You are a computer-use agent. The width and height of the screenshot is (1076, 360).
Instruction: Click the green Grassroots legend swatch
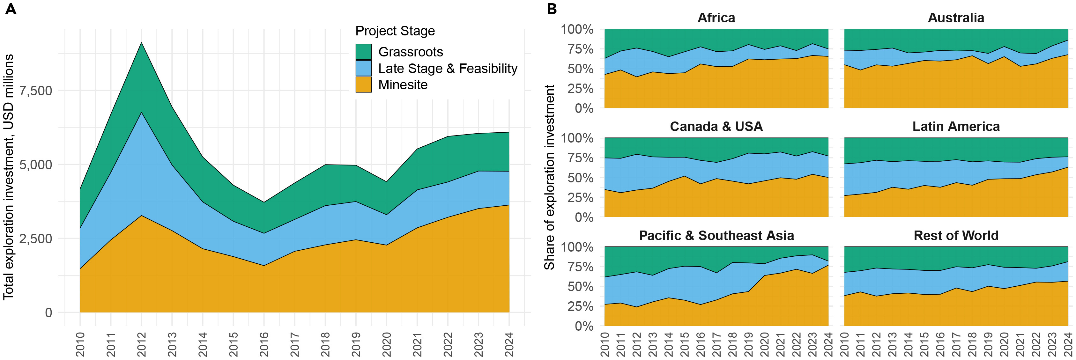coord(363,52)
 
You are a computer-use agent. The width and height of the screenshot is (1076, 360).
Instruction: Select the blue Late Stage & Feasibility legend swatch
coord(363,68)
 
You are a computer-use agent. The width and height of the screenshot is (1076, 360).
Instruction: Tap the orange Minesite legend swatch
coord(363,84)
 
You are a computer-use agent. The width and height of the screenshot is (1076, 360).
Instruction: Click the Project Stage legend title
coord(395,31)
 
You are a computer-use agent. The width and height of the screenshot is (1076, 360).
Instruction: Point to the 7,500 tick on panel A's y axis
coord(35,91)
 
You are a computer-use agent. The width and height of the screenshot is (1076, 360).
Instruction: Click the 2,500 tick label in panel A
coord(35,239)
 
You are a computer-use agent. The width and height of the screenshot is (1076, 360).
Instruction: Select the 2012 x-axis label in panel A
coord(142,344)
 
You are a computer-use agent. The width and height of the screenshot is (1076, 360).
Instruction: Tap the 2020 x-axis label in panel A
coord(387,344)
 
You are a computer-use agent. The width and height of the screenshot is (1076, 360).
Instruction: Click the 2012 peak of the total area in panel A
coord(142,43)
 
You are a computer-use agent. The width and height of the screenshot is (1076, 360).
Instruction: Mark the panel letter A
coord(11,9)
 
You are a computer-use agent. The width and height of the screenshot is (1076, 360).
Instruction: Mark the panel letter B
coord(552,9)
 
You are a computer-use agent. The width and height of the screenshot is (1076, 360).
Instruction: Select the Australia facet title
coord(956,18)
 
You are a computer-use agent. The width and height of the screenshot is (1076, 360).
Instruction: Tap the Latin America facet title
coord(956,127)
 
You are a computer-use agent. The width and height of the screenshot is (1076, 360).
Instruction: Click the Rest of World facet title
coord(956,236)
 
